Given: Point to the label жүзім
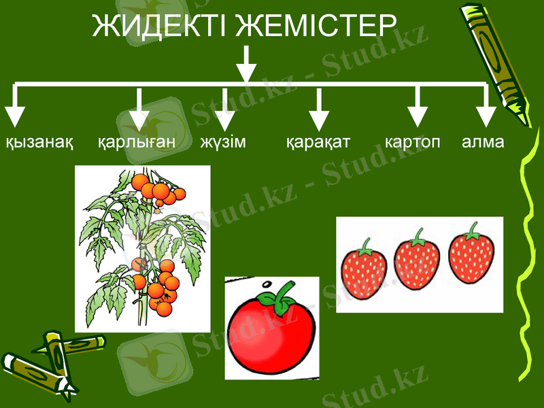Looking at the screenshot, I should tap(223, 143).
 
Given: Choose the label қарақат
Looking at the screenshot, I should tap(318, 143).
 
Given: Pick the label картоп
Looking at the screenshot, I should tap(413, 143).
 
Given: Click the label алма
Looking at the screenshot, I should tap(483, 143).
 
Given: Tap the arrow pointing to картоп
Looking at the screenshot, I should tap(418, 109).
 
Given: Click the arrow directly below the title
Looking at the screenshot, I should tap(245, 65).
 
